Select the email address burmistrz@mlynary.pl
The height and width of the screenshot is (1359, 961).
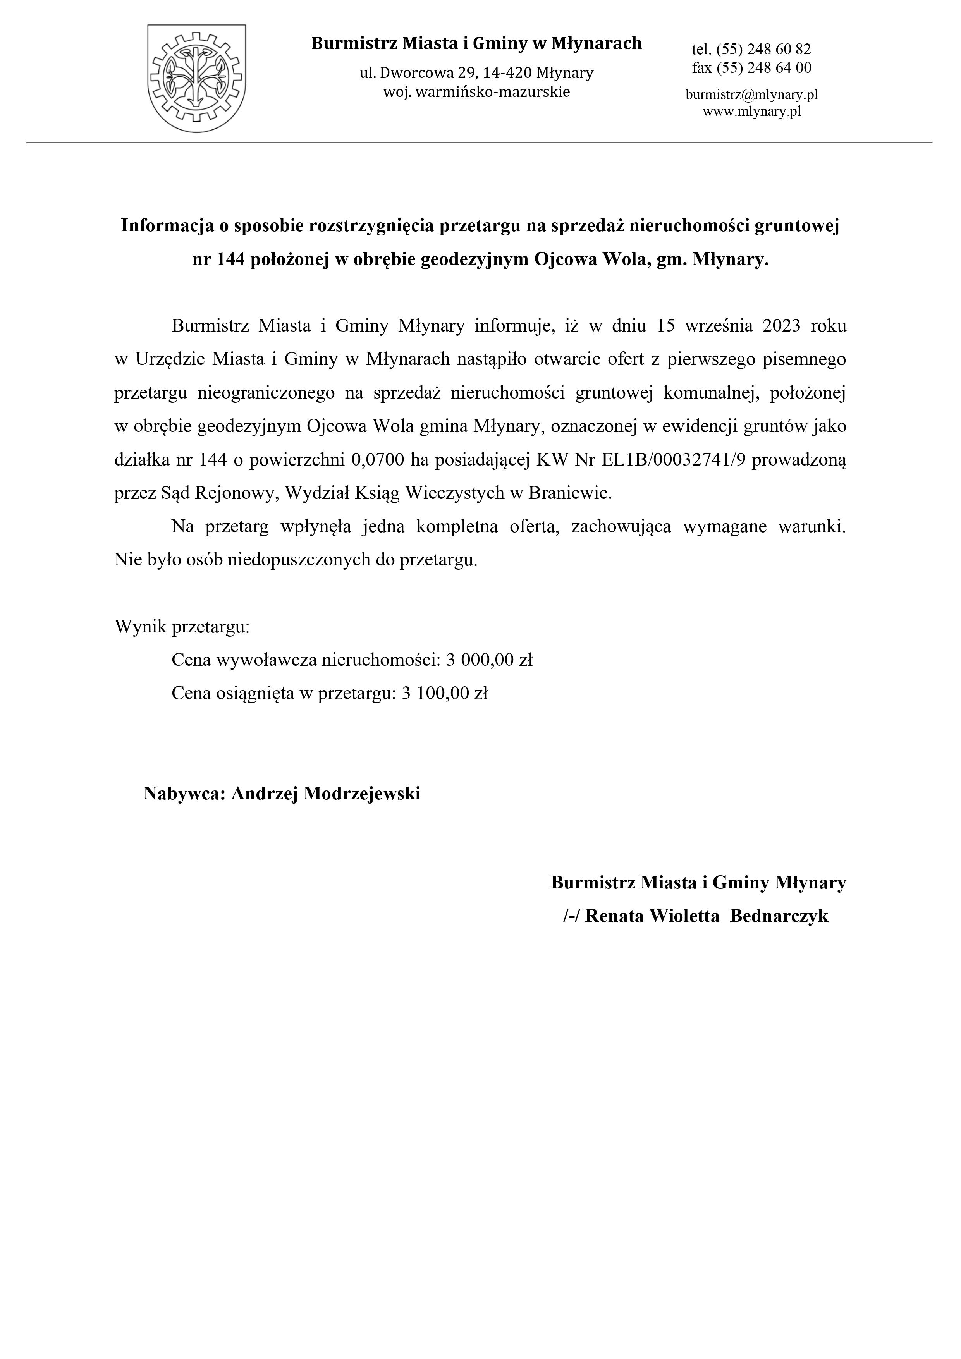pyautogui.click(x=751, y=95)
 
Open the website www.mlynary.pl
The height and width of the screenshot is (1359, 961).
pyautogui.click(x=751, y=111)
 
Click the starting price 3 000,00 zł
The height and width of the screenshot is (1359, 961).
pyautogui.click(x=490, y=660)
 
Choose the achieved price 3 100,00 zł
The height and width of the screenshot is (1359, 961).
pyautogui.click(x=444, y=693)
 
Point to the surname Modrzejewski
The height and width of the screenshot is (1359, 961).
pyautogui.click(x=362, y=794)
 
